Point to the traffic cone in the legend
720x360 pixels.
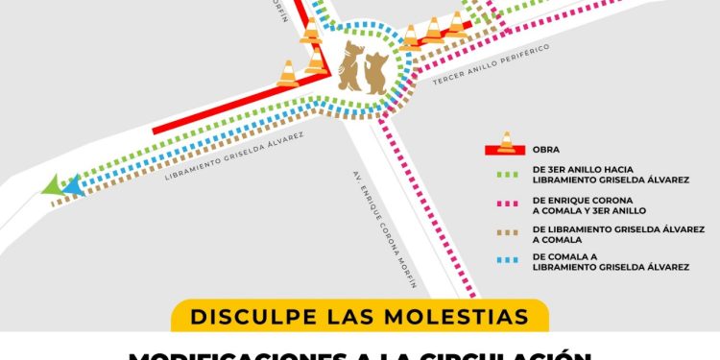click(x=506, y=141)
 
